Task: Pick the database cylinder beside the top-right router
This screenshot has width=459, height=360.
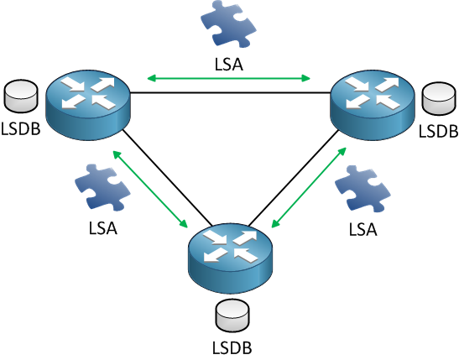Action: pyautogui.click(x=438, y=98)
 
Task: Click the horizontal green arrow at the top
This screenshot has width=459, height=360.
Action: pyautogui.click(x=229, y=79)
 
